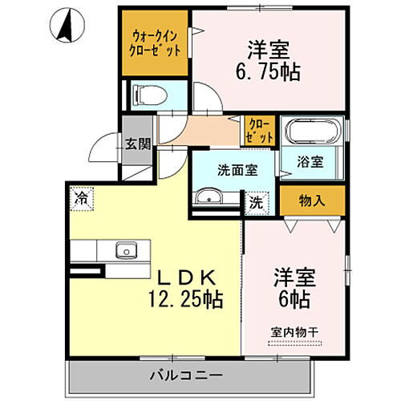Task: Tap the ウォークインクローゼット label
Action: pos(156,43)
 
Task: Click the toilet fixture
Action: pos(150,95)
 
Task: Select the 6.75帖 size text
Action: pos(269,72)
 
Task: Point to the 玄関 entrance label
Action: pos(137,144)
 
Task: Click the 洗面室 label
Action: pos(237,170)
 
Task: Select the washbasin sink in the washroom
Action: pos(210,197)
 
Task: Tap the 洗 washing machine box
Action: pos(255,202)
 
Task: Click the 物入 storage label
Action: pos(312,200)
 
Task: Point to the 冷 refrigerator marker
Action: pos(81,196)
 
